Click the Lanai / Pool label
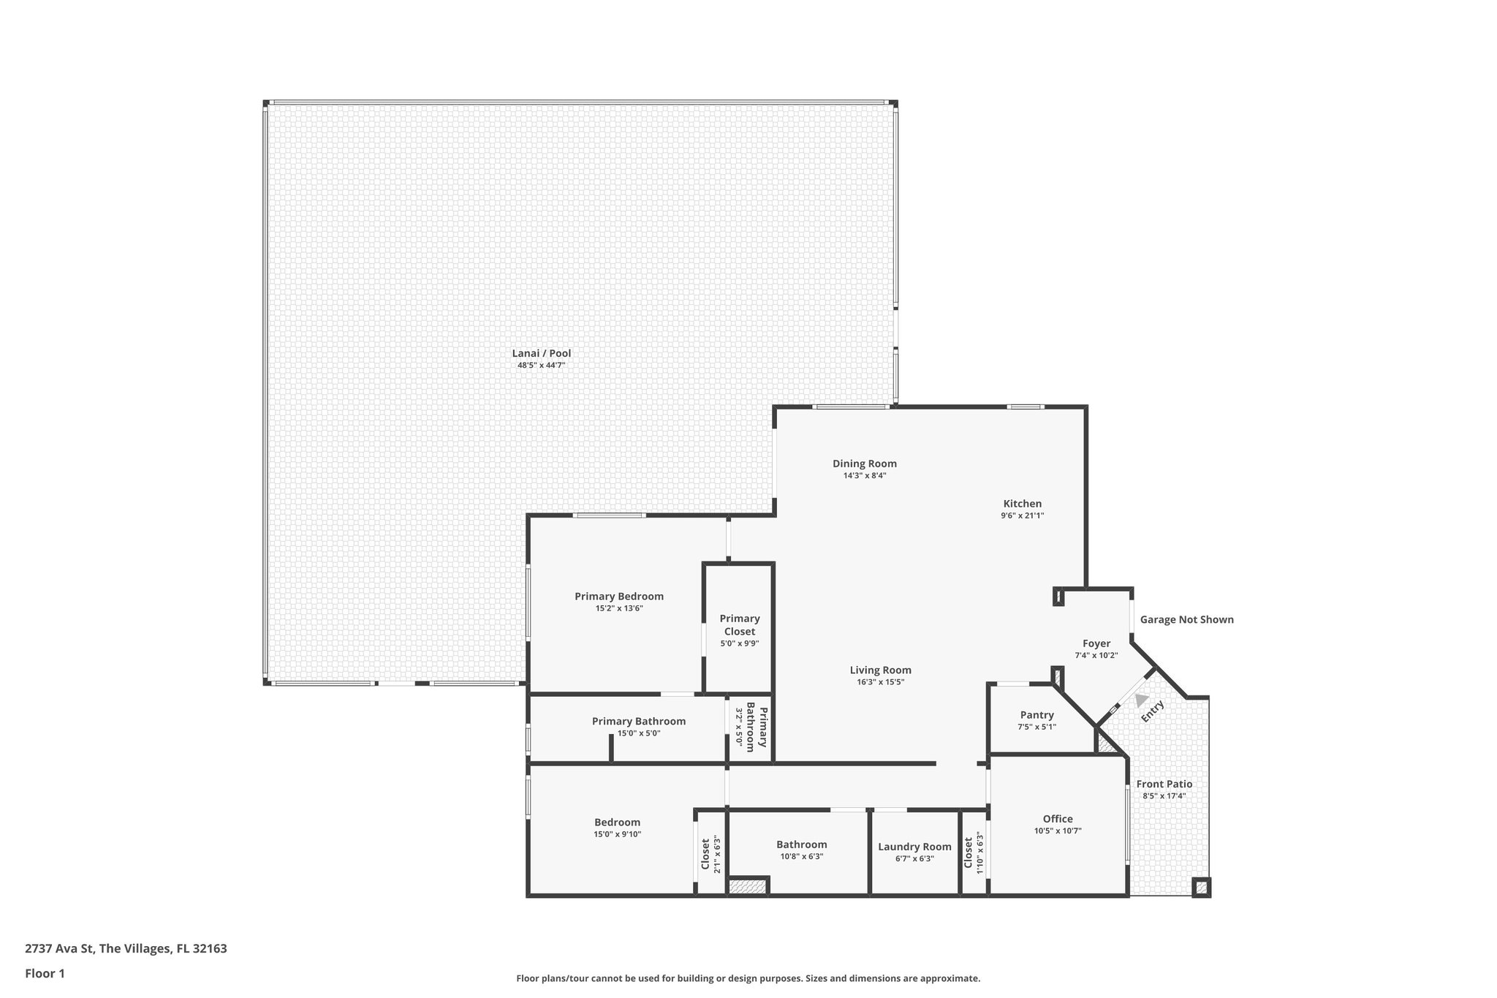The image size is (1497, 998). coord(541,353)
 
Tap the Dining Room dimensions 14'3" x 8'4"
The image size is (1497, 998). coord(865,475)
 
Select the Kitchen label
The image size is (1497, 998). coord(1022,504)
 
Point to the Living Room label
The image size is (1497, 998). coord(880,670)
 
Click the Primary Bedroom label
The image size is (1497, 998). coord(618,596)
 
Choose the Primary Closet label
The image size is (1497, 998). coord(739,625)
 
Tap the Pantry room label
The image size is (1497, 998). coord(1036,715)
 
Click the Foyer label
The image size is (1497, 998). coord(1096,643)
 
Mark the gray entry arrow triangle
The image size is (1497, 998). coord(1140,700)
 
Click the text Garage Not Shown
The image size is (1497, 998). coord(1186,619)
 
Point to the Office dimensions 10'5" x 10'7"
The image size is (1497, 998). coord(1057,831)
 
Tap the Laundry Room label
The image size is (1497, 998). coord(914,847)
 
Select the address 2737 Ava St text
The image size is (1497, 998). coord(126,949)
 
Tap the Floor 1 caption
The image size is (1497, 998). coord(45,973)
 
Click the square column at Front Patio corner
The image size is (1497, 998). coord(1200,888)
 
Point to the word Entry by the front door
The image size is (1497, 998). coord(1153,711)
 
